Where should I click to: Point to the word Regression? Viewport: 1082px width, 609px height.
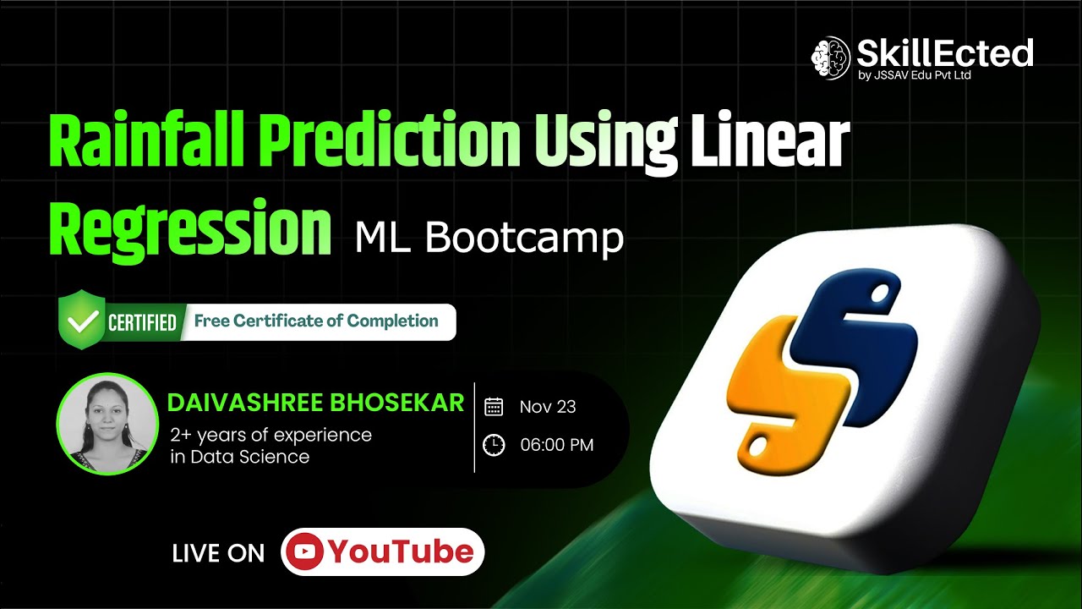[x=189, y=226]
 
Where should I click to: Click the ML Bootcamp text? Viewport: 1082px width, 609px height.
[x=489, y=239]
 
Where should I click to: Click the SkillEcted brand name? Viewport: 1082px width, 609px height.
[x=944, y=53]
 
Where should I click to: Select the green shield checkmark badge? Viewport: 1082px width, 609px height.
[x=80, y=321]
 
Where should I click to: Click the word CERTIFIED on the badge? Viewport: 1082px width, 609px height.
[x=142, y=322]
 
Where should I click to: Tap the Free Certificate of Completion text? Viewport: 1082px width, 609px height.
[x=316, y=321]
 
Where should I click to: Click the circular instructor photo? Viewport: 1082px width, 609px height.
[x=107, y=424]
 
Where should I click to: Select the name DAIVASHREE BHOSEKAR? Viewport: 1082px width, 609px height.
[x=316, y=402]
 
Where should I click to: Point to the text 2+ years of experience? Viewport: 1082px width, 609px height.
[x=270, y=436]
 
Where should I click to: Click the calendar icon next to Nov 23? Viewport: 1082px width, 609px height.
[x=494, y=407]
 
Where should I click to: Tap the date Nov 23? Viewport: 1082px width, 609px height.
[x=548, y=407]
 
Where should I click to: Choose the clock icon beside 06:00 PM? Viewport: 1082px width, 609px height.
[x=494, y=445]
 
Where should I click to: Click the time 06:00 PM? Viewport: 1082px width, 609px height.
[x=557, y=445]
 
